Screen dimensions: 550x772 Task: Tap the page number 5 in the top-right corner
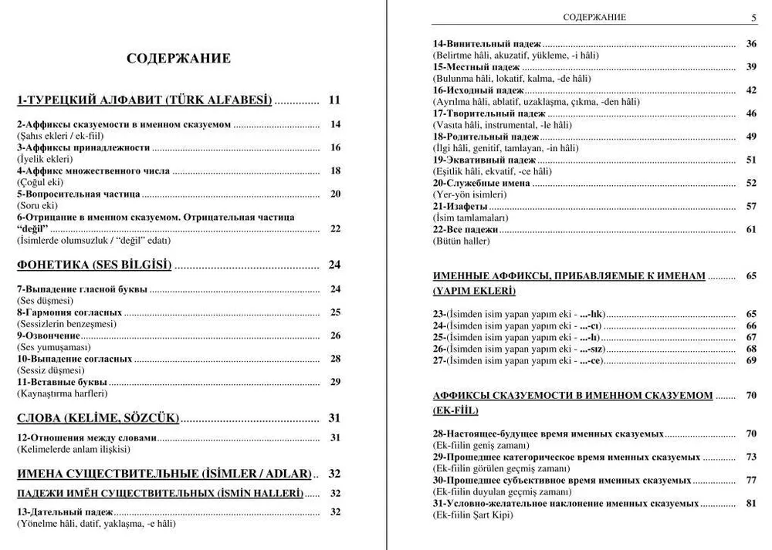coord(753,18)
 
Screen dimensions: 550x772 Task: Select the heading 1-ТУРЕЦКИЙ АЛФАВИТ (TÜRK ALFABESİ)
coord(145,100)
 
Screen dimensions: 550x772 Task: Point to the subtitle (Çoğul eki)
coord(40,182)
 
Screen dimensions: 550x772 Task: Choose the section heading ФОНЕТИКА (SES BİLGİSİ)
coord(94,265)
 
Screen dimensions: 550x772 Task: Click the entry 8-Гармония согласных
coord(69,312)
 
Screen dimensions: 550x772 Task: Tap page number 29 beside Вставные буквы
coord(335,382)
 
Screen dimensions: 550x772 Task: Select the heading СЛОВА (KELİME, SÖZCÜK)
coord(98,418)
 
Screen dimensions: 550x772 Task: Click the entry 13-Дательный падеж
coord(65,511)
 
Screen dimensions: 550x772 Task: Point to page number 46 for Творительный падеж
coord(750,113)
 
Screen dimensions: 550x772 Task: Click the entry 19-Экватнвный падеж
coord(484,160)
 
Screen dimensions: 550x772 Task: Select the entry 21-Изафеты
coord(459,206)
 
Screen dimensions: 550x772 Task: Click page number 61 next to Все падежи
coord(750,229)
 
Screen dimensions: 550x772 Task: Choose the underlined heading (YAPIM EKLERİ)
coord(474,291)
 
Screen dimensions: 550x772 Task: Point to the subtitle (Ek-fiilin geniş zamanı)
coord(482,445)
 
